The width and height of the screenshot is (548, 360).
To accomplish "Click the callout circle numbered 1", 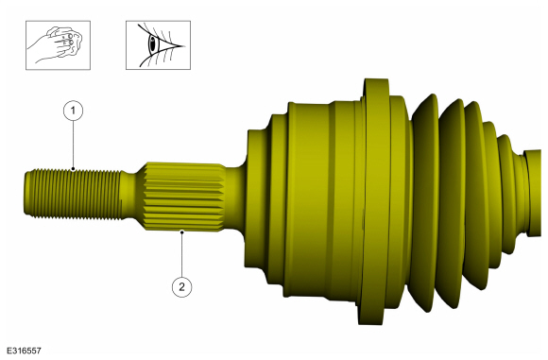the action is pyautogui.click(x=73, y=111).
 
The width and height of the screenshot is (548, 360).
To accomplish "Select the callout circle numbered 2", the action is pyautogui.click(x=181, y=287).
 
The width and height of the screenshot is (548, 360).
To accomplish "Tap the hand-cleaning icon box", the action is pyautogui.click(x=58, y=45).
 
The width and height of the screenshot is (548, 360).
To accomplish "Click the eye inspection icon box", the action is pyautogui.click(x=159, y=45).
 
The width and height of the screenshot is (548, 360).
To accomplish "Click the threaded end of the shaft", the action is pyautogui.click(x=74, y=194).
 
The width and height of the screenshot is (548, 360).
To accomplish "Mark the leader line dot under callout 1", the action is pyautogui.click(x=73, y=169).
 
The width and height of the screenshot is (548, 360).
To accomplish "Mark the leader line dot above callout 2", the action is pyautogui.click(x=181, y=231).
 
